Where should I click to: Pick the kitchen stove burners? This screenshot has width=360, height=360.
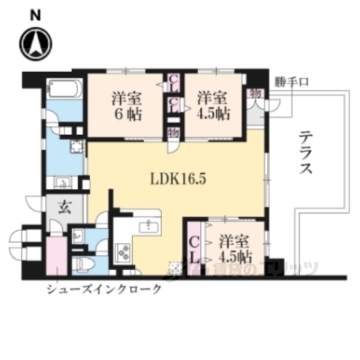[x=122, y=253]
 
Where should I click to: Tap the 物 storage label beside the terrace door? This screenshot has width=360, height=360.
[x=255, y=92]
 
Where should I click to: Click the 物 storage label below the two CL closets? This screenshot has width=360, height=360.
[x=173, y=132]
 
